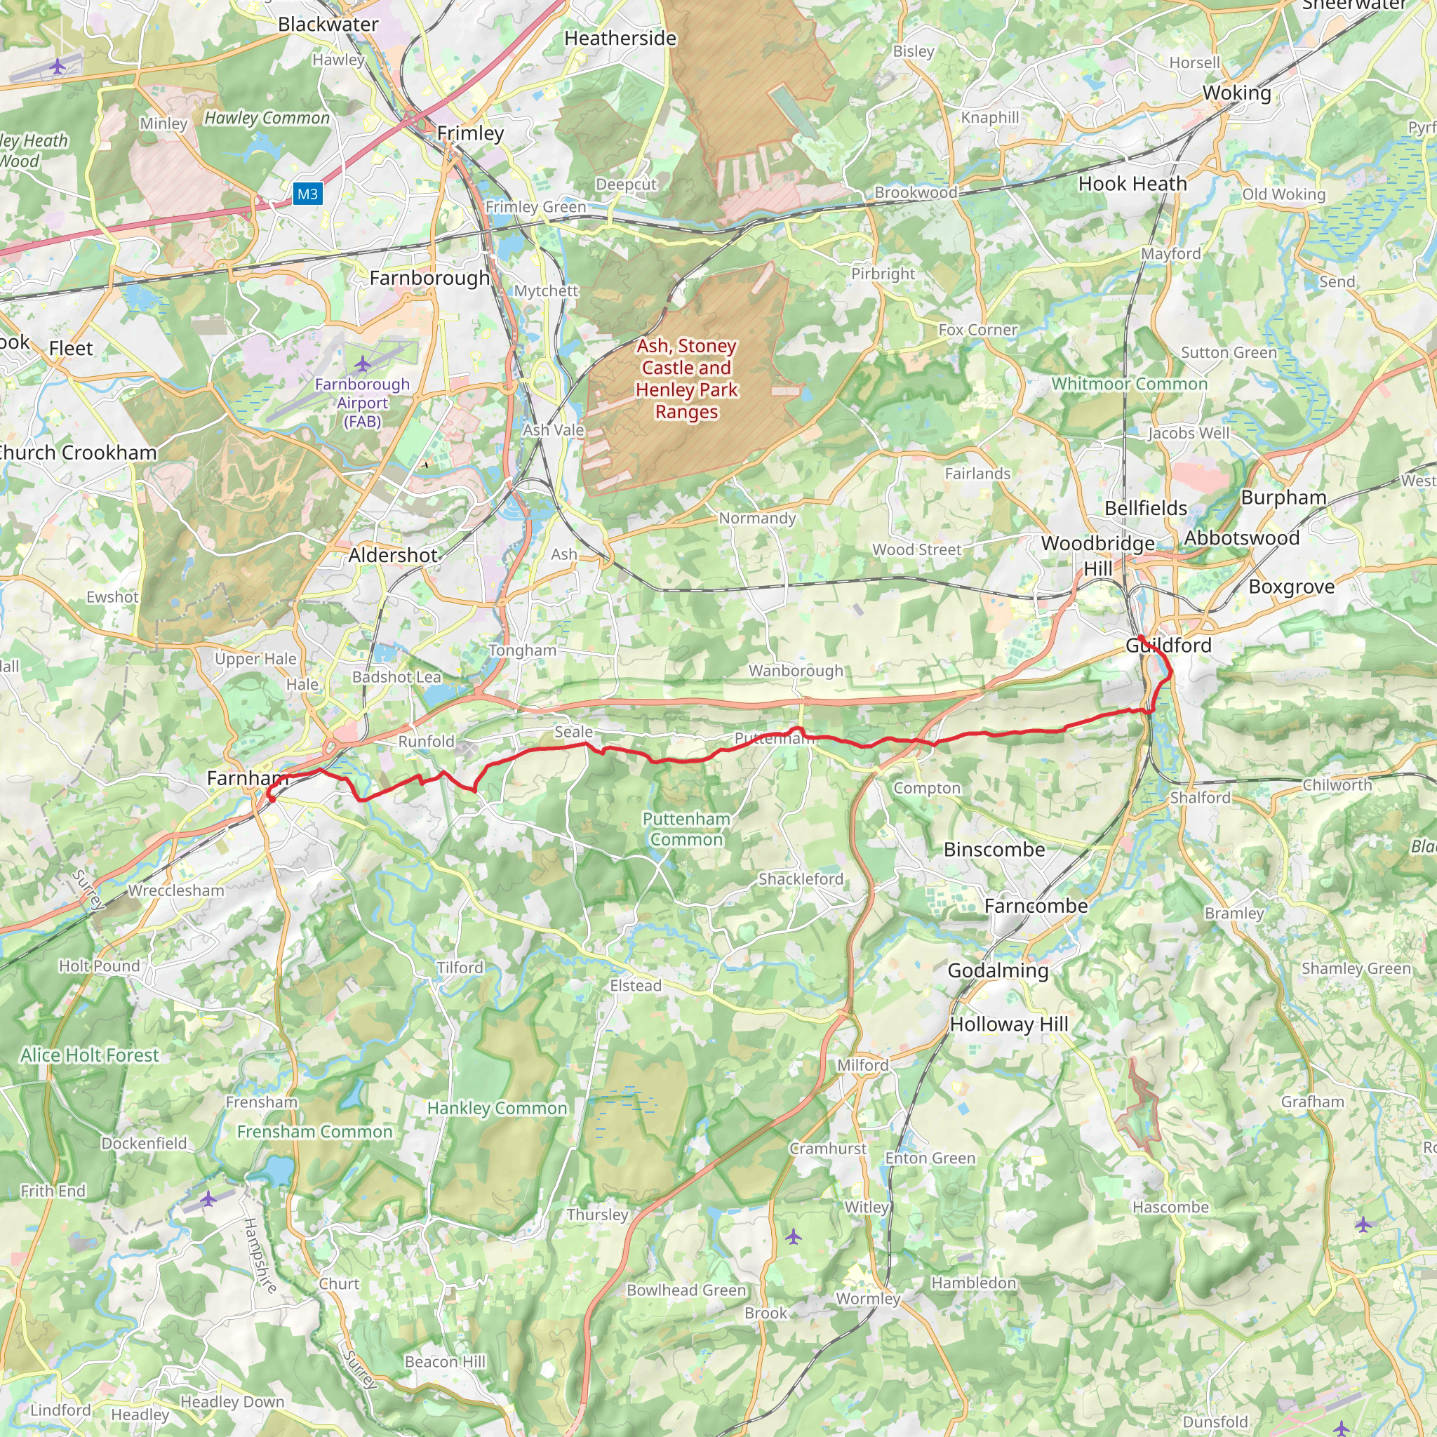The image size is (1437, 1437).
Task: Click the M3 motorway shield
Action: (307, 194)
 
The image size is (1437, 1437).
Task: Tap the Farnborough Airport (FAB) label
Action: (362, 402)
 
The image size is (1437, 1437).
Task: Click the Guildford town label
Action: (1168, 646)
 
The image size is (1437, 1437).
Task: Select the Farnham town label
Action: (246, 778)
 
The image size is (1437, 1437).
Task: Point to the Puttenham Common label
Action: (686, 829)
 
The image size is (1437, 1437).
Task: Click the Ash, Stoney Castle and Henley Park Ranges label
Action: (686, 379)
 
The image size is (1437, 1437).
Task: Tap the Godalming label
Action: (998, 970)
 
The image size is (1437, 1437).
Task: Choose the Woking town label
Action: (1236, 93)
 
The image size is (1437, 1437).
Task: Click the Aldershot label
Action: (393, 556)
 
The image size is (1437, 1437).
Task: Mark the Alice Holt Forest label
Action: (89, 1055)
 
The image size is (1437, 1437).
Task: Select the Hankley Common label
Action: (497, 1108)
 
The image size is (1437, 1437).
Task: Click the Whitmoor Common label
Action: (1129, 384)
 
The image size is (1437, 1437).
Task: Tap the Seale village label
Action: (573, 732)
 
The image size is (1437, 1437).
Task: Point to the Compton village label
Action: (927, 789)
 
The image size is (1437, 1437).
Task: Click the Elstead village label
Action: (635, 986)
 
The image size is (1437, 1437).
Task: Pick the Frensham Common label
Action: (314, 1131)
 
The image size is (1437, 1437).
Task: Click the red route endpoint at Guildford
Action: (1141, 639)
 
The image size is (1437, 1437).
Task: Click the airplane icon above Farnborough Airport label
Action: (362, 363)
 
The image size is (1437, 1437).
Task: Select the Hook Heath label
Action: (1132, 184)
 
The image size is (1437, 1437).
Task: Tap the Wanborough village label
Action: (796, 671)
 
